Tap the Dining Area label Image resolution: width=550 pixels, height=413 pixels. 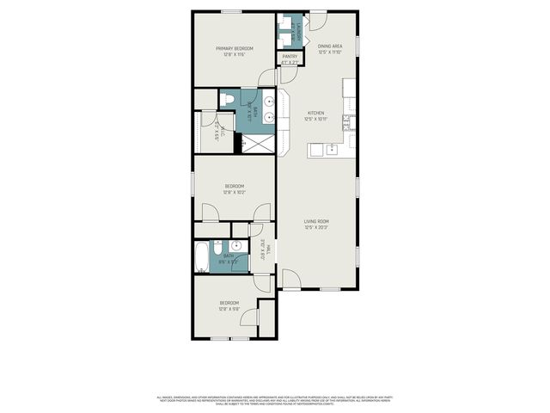click(330, 46)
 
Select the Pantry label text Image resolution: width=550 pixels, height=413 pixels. click(290, 57)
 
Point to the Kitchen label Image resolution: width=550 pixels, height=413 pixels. click(316, 113)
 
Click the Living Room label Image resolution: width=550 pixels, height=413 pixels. click(316, 222)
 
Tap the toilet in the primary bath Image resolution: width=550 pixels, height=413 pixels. click(227, 102)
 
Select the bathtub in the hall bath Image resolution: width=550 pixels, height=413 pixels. click(201, 256)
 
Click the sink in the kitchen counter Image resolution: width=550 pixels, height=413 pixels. click(332, 150)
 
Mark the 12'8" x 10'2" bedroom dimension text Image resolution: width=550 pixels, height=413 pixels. click(235, 192)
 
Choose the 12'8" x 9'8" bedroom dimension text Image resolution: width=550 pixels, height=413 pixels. click(229, 309)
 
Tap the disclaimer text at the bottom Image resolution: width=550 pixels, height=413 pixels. click(275, 399)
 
